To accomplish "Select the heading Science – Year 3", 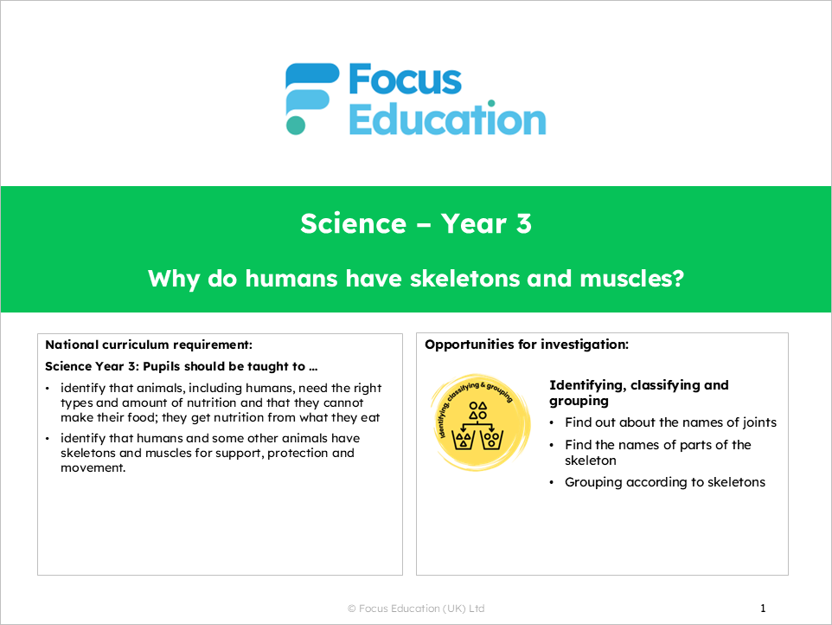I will [x=416, y=223].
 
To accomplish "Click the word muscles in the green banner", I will [x=629, y=279].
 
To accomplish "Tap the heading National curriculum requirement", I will [x=148, y=344].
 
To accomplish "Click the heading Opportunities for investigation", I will [x=527, y=344].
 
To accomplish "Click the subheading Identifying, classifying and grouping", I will [x=638, y=393].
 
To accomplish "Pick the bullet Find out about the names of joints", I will [x=670, y=422].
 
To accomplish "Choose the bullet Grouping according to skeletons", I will [x=664, y=482].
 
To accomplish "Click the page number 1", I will [x=763, y=608].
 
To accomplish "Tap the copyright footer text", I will [x=416, y=609].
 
